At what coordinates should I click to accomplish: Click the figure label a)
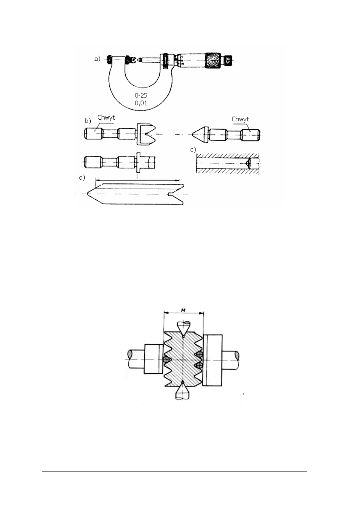click(x=97, y=59)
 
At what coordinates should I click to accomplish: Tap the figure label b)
click(x=88, y=121)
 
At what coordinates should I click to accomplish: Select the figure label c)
click(x=193, y=150)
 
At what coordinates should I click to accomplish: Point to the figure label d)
click(x=82, y=177)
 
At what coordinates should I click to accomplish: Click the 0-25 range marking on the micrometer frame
click(x=141, y=95)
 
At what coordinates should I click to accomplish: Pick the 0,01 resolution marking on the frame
click(x=141, y=103)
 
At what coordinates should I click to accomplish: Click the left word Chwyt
click(x=106, y=118)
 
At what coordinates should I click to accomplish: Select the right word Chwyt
click(x=240, y=119)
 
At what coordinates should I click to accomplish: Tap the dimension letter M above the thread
click(x=183, y=310)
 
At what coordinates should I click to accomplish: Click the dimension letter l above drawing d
click(x=137, y=177)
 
